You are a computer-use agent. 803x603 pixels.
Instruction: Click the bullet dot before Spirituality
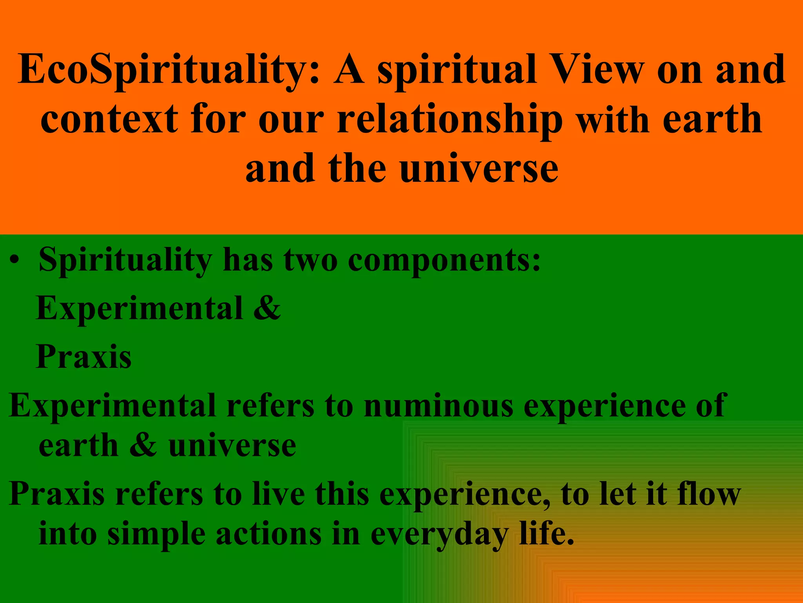coord(15,261)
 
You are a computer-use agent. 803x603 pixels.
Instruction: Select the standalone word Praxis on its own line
coord(84,356)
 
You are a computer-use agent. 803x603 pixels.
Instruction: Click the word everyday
coord(439,535)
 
